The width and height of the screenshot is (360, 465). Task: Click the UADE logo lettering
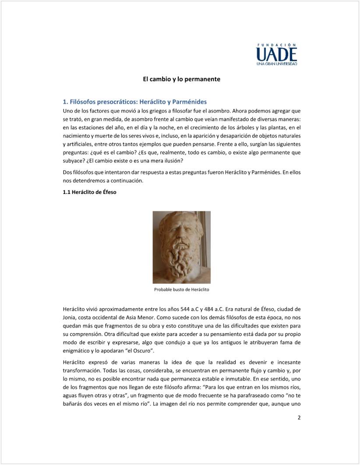tap(276, 54)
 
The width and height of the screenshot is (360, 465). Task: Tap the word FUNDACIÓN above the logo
tap(276, 45)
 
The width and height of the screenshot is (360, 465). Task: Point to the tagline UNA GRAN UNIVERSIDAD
tap(276, 64)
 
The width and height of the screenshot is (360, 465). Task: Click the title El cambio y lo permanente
tap(181, 79)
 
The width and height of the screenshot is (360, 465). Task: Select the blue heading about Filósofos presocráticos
tap(135, 102)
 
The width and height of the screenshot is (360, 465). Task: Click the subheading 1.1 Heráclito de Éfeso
tap(90, 191)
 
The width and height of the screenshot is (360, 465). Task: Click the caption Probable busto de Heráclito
tap(181, 290)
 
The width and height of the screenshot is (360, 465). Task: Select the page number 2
tap(299, 417)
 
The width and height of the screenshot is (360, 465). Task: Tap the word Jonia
tap(71, 318)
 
